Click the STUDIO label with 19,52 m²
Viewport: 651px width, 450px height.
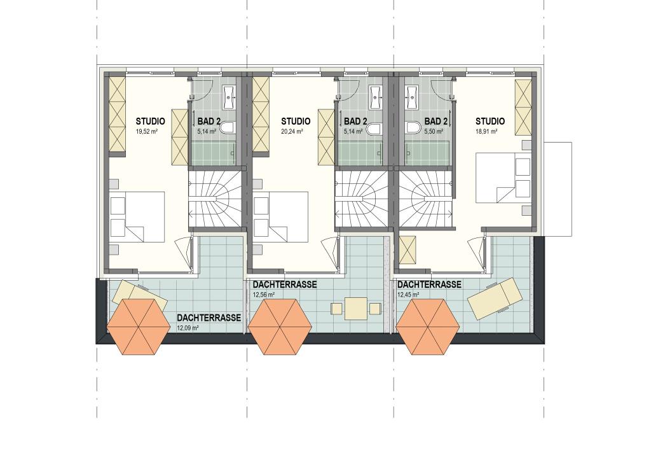point(150,122)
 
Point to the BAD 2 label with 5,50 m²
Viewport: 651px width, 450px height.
point(436,122)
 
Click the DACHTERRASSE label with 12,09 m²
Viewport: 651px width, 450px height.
point(209,318)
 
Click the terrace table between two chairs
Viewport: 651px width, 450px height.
point(356,308)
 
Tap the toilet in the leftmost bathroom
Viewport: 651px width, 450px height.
point(228,127)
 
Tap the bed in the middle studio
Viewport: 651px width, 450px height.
point(280,216)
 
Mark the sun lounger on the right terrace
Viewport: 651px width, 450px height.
point(495,298)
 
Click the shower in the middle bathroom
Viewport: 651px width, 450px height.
point(359,153)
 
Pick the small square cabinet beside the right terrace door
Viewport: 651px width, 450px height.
point(408,250)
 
